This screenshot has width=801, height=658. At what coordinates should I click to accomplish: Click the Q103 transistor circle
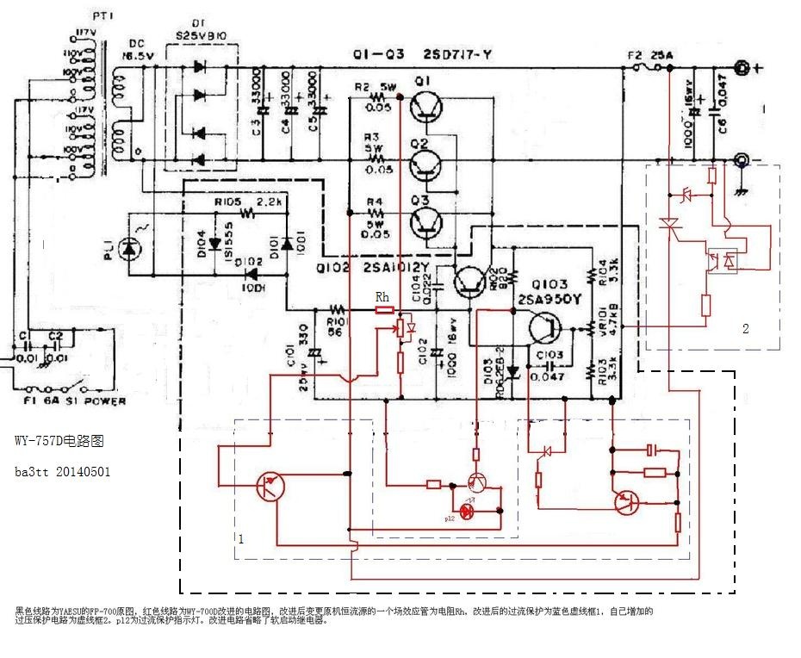[x=544, y=329]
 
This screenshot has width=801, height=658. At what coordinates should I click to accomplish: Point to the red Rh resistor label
[x=383, y=298]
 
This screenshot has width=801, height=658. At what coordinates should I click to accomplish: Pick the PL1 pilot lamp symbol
[x=131, y=249]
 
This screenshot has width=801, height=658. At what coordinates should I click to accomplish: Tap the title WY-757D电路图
[x=59, y=440]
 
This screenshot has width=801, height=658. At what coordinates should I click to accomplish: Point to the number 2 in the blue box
[x=746, y=328]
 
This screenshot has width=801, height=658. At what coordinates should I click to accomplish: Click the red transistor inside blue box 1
[x=270, y=487]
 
